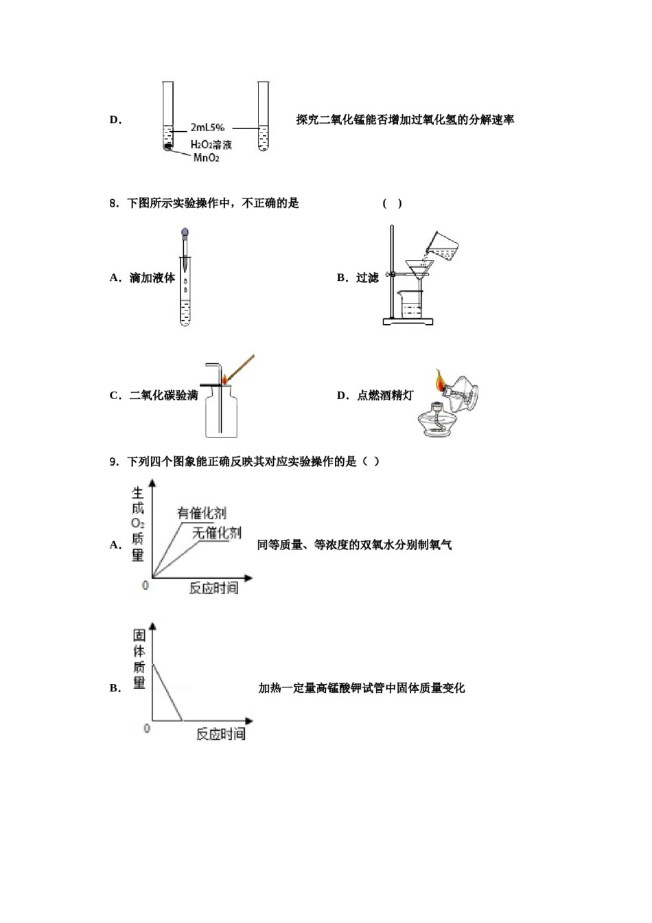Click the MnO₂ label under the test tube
click(x=206, y=158)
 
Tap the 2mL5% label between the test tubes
click(x=207, y=128)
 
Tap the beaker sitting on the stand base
click(x=410, y=304)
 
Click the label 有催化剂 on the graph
click(x=201, y=513)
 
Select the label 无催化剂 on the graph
click(x=217, y=533)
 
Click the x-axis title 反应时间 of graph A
click(x=213, y=588)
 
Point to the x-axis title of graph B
click(x=220, y=734)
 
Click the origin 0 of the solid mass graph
click(x=147, y=728)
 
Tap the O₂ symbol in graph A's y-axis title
click(x=138, y=523)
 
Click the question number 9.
click(x=114, y=461)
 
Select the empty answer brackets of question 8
click(x=392, y=203)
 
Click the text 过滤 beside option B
click(x=367, y=277)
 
